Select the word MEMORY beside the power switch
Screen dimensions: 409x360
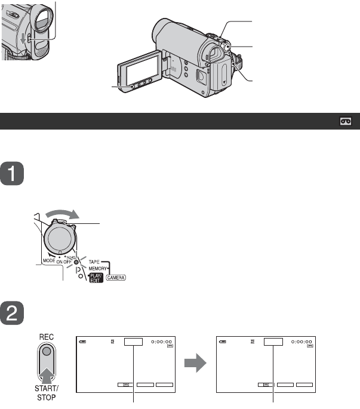[93, 270]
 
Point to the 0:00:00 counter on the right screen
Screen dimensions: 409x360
[303, 342]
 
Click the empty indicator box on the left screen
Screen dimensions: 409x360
[134, 342]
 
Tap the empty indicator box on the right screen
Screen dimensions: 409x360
[273, 342]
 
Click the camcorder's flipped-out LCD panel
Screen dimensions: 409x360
[139, 71]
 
